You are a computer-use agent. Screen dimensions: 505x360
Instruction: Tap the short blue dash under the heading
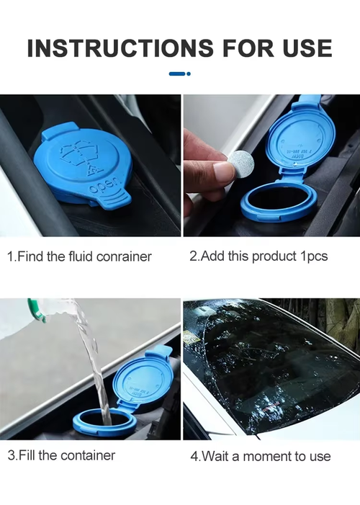coord(176,73)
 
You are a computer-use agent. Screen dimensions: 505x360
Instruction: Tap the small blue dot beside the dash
coord(189,73)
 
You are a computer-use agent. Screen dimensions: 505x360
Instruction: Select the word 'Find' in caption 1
coord(32,256)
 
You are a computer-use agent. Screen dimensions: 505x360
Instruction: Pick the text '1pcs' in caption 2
coord(313,256)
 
